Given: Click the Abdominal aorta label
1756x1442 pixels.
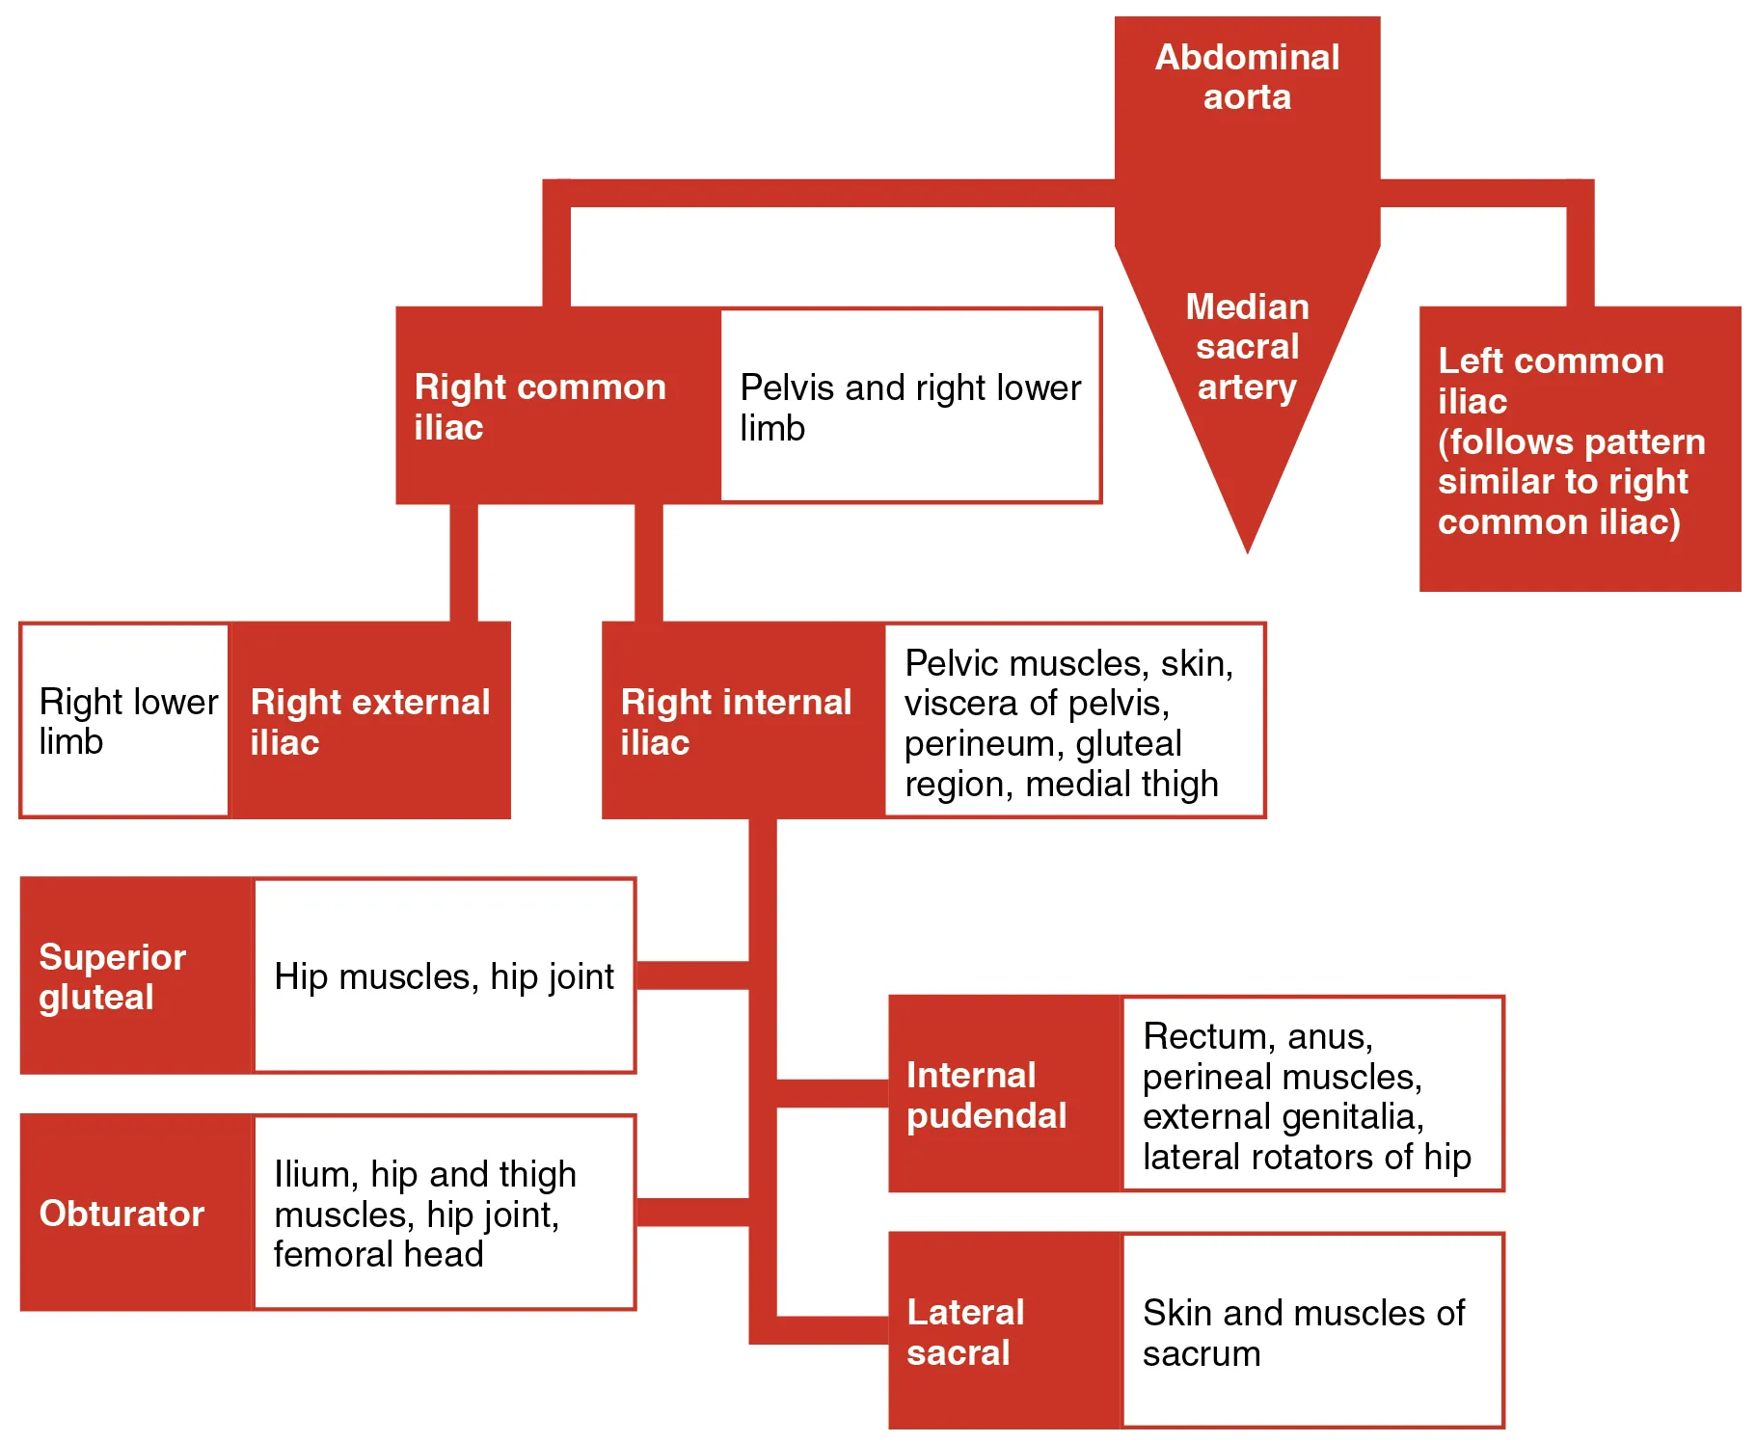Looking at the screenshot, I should coord(1247,77).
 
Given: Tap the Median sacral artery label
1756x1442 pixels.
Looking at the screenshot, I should coord(1247,347).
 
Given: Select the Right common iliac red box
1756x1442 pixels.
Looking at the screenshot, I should coord(557,406).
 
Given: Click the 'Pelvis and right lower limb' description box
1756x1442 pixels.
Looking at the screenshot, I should coord(910,406).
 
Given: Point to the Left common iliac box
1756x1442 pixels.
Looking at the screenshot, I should coord(1579,447).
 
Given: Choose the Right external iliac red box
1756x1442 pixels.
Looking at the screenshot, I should coord(370,721).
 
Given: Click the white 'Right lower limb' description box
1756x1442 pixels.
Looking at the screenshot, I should coord(125,721).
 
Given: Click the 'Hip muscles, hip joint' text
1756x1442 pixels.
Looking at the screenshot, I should coord(444,976).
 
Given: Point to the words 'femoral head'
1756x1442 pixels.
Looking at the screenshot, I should coord(378,1254).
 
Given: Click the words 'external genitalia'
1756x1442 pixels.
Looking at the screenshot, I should coord(1283,1116).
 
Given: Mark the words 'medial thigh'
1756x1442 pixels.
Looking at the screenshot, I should coord(1121,784).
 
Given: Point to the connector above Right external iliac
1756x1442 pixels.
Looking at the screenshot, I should coord(464,563).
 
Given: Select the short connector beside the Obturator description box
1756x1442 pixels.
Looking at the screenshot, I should coord(691,1212).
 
